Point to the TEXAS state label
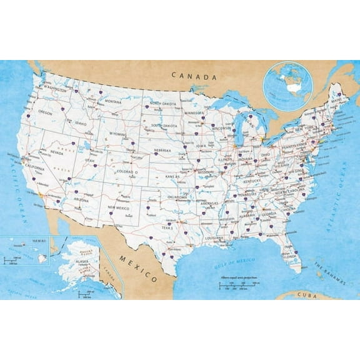point(167,228)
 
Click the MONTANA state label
point(113,101)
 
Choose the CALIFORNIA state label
point(35,169)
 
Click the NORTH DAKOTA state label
point(163,104)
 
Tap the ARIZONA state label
point(82,199)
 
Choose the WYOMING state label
point(117,134)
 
